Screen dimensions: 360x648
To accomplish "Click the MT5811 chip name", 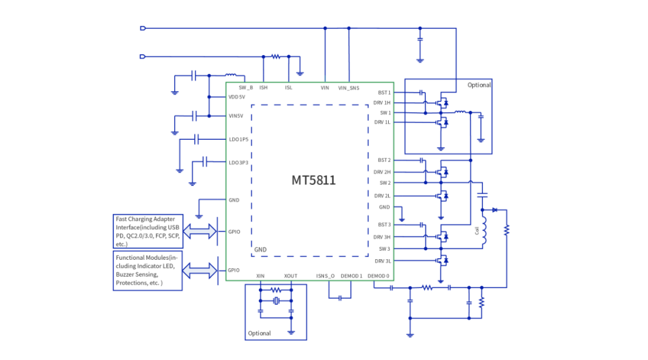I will pos(313,180).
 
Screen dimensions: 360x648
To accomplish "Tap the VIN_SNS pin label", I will pos(349,88).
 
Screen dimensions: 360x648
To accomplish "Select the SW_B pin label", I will pos(245,88).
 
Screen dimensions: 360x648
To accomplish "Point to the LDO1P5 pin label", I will pos(239,139).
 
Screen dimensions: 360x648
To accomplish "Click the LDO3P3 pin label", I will pos(239,163).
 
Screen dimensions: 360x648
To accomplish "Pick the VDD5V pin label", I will pos(237,97).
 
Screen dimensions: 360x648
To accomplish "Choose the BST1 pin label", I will pos(384,93).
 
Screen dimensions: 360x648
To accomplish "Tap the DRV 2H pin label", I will pos(382,172).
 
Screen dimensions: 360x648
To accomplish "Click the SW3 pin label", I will pos(385,248).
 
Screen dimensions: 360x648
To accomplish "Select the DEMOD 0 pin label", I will pos(379,276).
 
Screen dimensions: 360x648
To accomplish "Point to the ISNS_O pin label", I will pos(325,276).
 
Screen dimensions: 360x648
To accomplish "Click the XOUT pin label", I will pos(290,276).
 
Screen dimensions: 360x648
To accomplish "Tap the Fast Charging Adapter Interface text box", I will pos(148,232).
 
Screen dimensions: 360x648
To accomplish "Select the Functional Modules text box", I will pos(148,270).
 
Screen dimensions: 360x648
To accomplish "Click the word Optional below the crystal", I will pos(259,333).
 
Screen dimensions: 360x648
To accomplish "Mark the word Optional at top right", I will pos(479,85).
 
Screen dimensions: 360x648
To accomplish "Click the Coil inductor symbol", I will pos(485,232).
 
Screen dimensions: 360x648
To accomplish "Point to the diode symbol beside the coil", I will pos(494,210).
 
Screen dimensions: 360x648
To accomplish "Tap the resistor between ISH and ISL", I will pos(276,57).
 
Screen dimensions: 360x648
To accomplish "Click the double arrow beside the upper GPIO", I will pos(199,230).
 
